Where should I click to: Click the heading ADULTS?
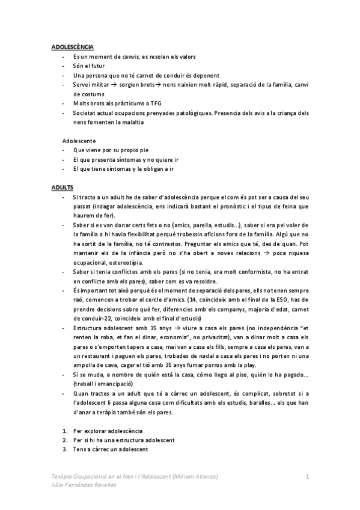coord(61,188)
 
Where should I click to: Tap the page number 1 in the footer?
coord(308,476)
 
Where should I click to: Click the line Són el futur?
coord(90,66)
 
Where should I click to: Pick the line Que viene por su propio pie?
coord(112,150)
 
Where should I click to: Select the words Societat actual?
coord(93,113)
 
